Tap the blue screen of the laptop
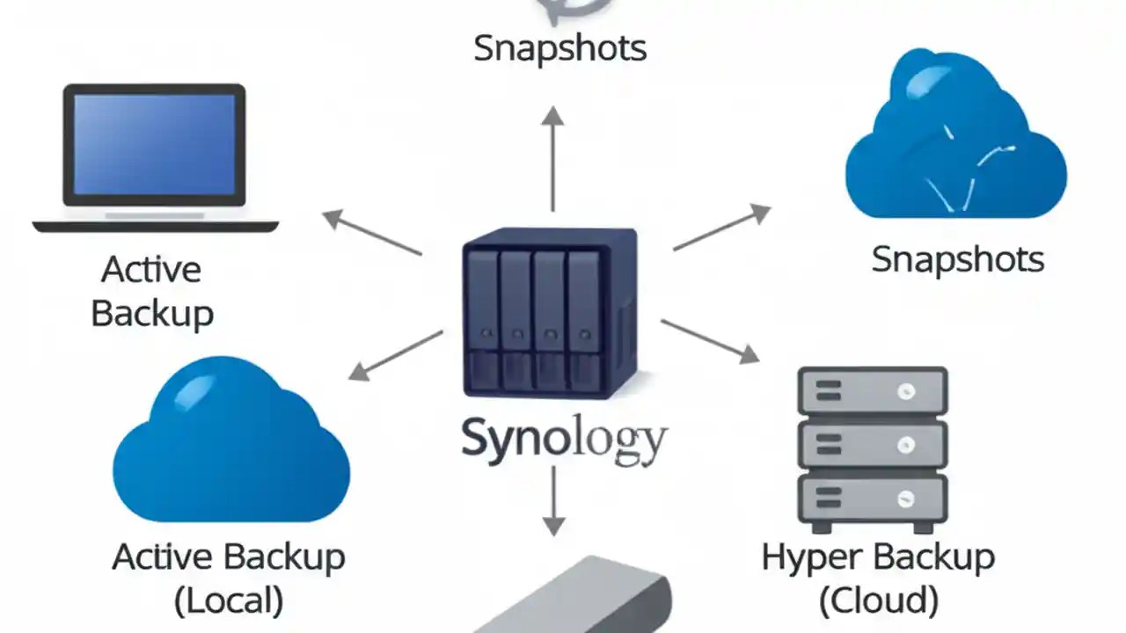pyautogui.click(x=154, y=143)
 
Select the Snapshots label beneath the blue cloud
pyautogui.click(x=957, y=259)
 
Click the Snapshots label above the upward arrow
pyautogui.click(x=559, y=47)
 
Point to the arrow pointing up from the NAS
pyautogui.click(x=552, y=158)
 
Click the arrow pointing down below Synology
pyautogui.click(x=552, y=500)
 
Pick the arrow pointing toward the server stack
pyautogui.click(x=710, y=340)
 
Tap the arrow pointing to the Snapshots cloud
pyautogui.click(x=722, y=228)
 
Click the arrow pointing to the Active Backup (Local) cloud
pyautogui.click(x=395, y=355)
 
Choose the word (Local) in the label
pyautogui.click(x=229, y=601)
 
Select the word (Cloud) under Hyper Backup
pyautogui.click(x=878, y=601)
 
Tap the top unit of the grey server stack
pyautogui.click(x=872, y=391)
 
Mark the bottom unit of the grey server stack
pyautogui.click(x=872, y=498)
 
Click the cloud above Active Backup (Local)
pyautogui.click(x=231, y=444)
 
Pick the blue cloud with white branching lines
pyautogui.click(x=955, y=141)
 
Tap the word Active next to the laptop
pyautogui.click(x=151, y=269)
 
